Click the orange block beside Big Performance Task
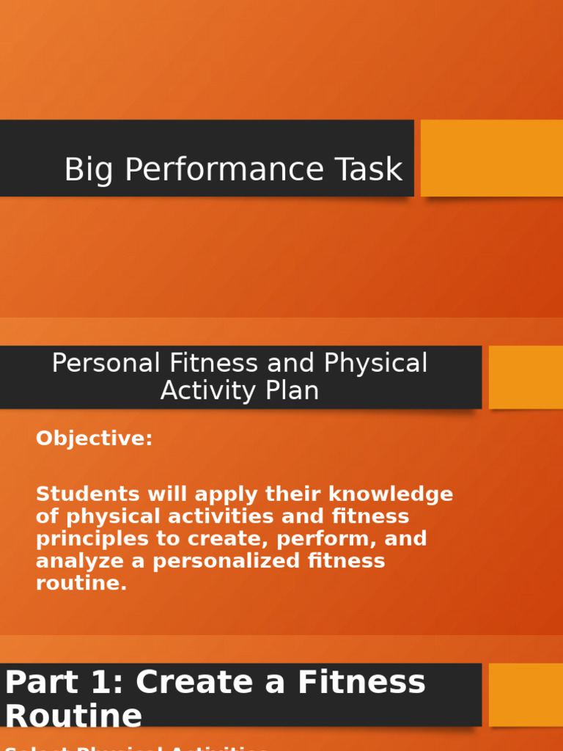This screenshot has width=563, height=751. [x=491, y=158]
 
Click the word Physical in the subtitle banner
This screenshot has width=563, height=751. [x=376, y=363]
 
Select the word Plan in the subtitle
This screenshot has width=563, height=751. [x=292, y=391]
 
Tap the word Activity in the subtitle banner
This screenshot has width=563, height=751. [x=210, y=391]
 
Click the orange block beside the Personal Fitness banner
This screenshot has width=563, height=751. [x=526, y=377]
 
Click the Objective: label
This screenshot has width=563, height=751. [x=95, y=439]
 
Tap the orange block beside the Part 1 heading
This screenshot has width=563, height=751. [x=526, y=695]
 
